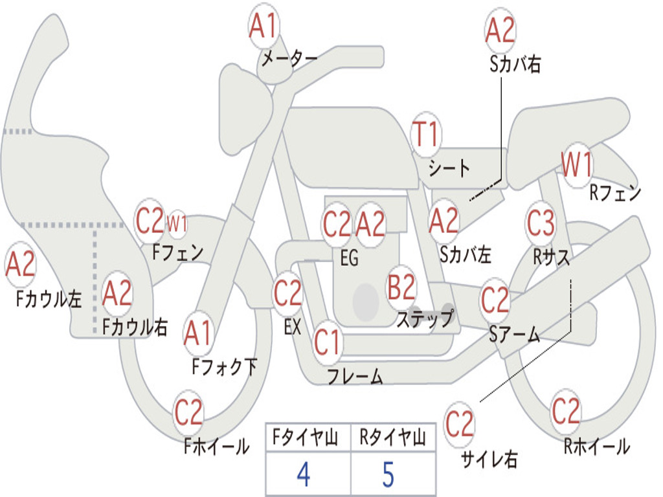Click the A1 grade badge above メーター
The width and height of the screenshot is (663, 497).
click(x=264, y=26)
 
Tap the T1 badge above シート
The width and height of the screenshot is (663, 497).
click(x=426, y=135)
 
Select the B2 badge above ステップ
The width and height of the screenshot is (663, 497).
click(x=402, y=288)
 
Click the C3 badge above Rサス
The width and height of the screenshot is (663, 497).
click(x=541, y=223)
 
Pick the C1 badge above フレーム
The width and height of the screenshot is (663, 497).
click(x=327, y=342)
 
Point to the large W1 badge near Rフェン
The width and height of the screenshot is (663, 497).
click(x=577, y=165)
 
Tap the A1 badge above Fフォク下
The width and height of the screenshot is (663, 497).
click(x=198, y=333)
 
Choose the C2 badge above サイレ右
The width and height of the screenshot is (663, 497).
click(x=460, y=424)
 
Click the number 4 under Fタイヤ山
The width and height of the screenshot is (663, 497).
click(x=304, y=474)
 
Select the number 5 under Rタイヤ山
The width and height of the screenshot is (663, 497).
click(x=388, y=474)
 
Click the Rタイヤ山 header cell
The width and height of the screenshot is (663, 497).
click(x=393, y=437)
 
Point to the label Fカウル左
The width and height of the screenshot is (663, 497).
click(x=49, y=299)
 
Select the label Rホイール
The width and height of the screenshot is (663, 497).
click(x=596, y=447)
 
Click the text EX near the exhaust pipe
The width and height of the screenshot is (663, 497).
click(x=293, y=327)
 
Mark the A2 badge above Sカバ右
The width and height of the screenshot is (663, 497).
click(x=500, y=30)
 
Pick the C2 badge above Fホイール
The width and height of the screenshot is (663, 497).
click(x=188, y=412)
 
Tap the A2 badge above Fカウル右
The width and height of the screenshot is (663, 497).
click(x=117, y=293)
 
